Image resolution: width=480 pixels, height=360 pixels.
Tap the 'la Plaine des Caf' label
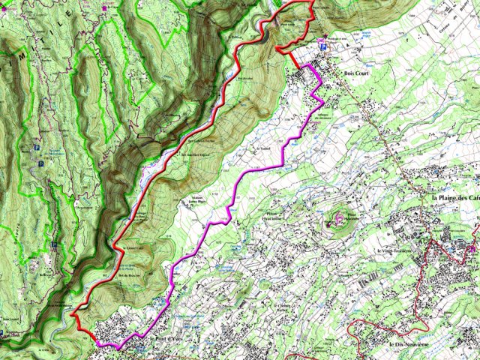tap(455, 197)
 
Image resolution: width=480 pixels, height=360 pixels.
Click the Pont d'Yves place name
tap(166, 340)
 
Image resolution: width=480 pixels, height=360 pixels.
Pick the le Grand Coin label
tap(133, 247)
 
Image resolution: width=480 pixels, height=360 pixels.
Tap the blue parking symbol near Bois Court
tap(323, 46)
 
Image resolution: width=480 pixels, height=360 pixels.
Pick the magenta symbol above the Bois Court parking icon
tap(322, 40)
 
